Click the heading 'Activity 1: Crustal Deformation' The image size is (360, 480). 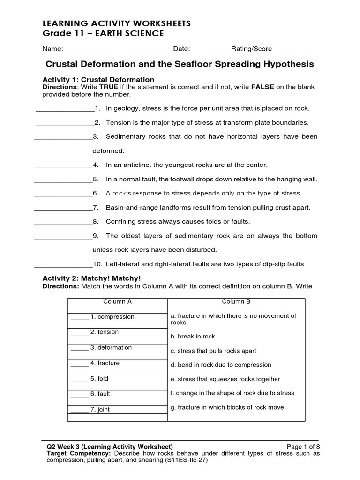tap(98, 80)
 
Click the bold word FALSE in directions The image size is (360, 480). tap(264, 87)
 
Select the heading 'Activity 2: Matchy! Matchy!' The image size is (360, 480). tap(91, 278)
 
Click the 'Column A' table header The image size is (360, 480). tap(117, 302)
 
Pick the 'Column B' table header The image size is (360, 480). tap(236, 302)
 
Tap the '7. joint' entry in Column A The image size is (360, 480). tap(100, 410)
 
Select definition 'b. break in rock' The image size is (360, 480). tap(193, 337)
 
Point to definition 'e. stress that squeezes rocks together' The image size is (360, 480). tap(225, 379)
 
